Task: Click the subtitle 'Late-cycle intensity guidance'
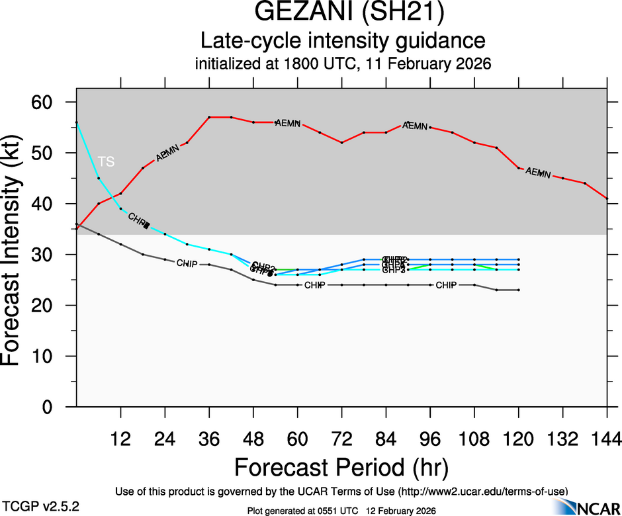(342, 41)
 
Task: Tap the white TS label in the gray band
(106, 161)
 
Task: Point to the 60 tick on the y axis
(53, 103)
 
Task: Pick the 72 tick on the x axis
(341, 439)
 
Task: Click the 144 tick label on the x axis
(606, 439)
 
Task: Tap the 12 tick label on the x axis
(120, 439)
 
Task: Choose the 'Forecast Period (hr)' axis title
(341, 467)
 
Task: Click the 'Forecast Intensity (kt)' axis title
(16, 255)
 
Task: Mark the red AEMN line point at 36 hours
(209, 117)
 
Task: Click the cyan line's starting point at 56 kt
(77, 122)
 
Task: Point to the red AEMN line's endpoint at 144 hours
(607, 198)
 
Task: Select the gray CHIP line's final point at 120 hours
(518, 290)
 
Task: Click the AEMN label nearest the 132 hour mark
(538, 173)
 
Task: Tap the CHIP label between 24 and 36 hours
(187, 263)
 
